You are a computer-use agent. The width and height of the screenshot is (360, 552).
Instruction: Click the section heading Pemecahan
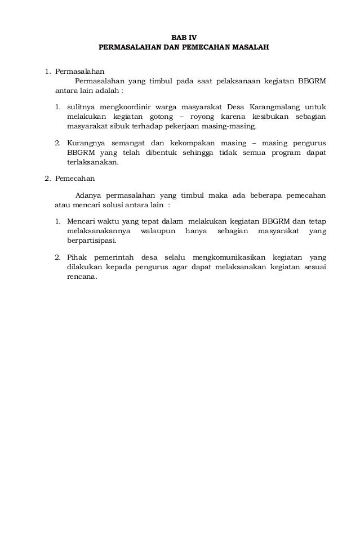click(75, 179)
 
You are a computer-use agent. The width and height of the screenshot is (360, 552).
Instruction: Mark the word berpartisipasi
click(91, 241)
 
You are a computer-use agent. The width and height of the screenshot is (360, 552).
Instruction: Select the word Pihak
click(75, 257)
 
